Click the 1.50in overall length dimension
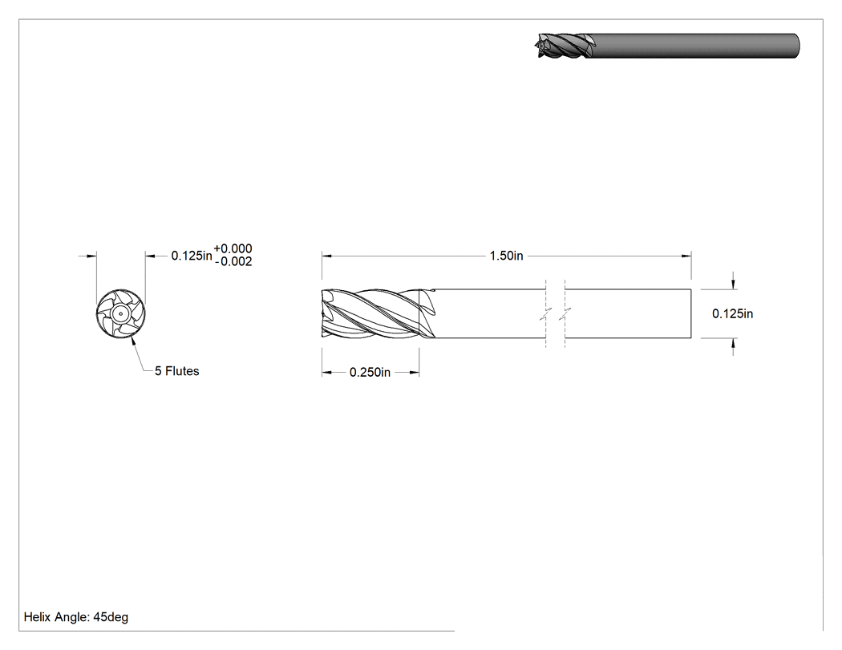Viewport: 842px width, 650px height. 506,256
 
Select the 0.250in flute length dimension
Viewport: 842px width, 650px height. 370,372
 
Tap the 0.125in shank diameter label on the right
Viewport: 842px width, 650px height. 732,313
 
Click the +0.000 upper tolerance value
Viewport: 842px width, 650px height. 233,248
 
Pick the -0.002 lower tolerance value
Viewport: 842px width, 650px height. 233,261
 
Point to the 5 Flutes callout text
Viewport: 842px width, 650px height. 176,371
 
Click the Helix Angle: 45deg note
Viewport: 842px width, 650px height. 75,617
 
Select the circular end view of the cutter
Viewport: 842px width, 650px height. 121,314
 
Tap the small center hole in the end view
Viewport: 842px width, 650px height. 121,314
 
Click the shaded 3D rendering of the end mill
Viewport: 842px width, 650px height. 666,46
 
